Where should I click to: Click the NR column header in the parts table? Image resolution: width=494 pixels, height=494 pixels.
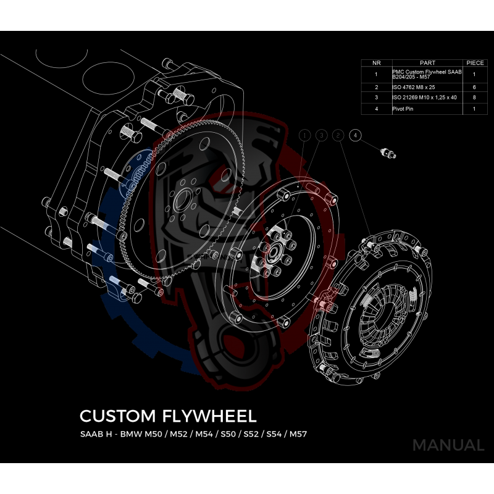pyautogui.click(x=376, y=62)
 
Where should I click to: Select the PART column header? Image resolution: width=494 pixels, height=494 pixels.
pyautogui.click(x=427, y=62)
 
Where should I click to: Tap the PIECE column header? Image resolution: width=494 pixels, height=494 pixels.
pyautogui.click(x=474, y=62)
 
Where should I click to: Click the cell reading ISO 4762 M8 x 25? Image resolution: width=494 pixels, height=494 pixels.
pyautogui.click(x=427, y=88)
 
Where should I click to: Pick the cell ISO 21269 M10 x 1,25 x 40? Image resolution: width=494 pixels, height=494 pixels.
pyautogui.click(x=427, y=98)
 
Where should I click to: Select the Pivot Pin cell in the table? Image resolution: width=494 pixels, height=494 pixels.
pyautogui.click(x=427, y=109)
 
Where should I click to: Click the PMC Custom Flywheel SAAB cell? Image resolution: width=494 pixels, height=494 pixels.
pyautogui.click(x=427, y=75)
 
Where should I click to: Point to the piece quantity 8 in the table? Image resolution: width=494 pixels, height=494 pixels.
pyautogui.click(x=474, y=98)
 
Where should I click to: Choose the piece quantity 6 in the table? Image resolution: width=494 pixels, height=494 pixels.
pyautogui.click(x=474, y=88)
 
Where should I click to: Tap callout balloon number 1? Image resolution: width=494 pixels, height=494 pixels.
pyautogui.click(x=304, y=135)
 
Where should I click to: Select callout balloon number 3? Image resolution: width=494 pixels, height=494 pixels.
pyautogui.click(x=321, y=135)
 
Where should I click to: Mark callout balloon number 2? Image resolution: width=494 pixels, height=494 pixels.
pyautogui.click(x=338, y=135)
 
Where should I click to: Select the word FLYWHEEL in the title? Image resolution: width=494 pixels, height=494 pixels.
pyautogui.click(x=207, y=414)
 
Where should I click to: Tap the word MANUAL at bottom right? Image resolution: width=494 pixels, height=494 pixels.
pyautogui.click(x=448, y=445)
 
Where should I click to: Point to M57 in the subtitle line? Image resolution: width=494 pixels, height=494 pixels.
pyautogui.click(x=297, y=433)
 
